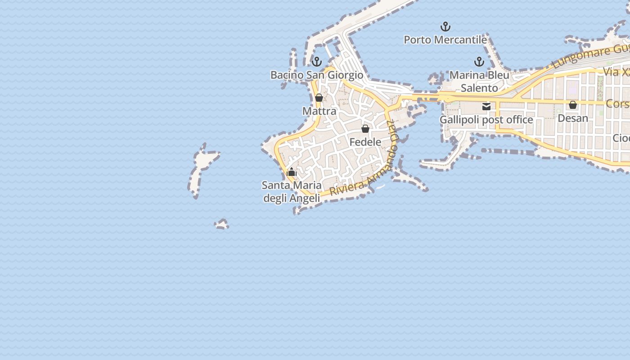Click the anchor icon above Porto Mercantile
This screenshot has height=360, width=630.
(x=445, y=27)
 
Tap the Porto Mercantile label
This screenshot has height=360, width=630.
(x=445, y=40)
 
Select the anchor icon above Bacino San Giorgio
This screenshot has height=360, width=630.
(x=317, y=62)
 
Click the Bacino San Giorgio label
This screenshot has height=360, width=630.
(x=316, y=75)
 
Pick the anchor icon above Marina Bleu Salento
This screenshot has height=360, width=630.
(x=479, y=62)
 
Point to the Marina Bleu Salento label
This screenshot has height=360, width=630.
(x=479, y=81)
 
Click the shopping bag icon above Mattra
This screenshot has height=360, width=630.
(x=319, y=98)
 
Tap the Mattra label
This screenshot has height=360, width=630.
(x=319, y=111)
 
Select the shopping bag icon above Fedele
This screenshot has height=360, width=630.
(x=365, y=129)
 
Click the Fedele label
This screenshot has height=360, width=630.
(x=365, y=142)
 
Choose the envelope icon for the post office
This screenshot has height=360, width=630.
(x=486, y=107)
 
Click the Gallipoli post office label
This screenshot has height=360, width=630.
(x=486, y=120)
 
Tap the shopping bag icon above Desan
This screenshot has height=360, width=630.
(x=573, y=105)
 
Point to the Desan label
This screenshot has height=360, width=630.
(x=573, y=118)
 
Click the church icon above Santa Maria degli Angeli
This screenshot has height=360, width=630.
(x=292, y=172)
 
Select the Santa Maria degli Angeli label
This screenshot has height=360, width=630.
(x=292, y=191)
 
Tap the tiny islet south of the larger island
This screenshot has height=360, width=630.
(x=221, y=224)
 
